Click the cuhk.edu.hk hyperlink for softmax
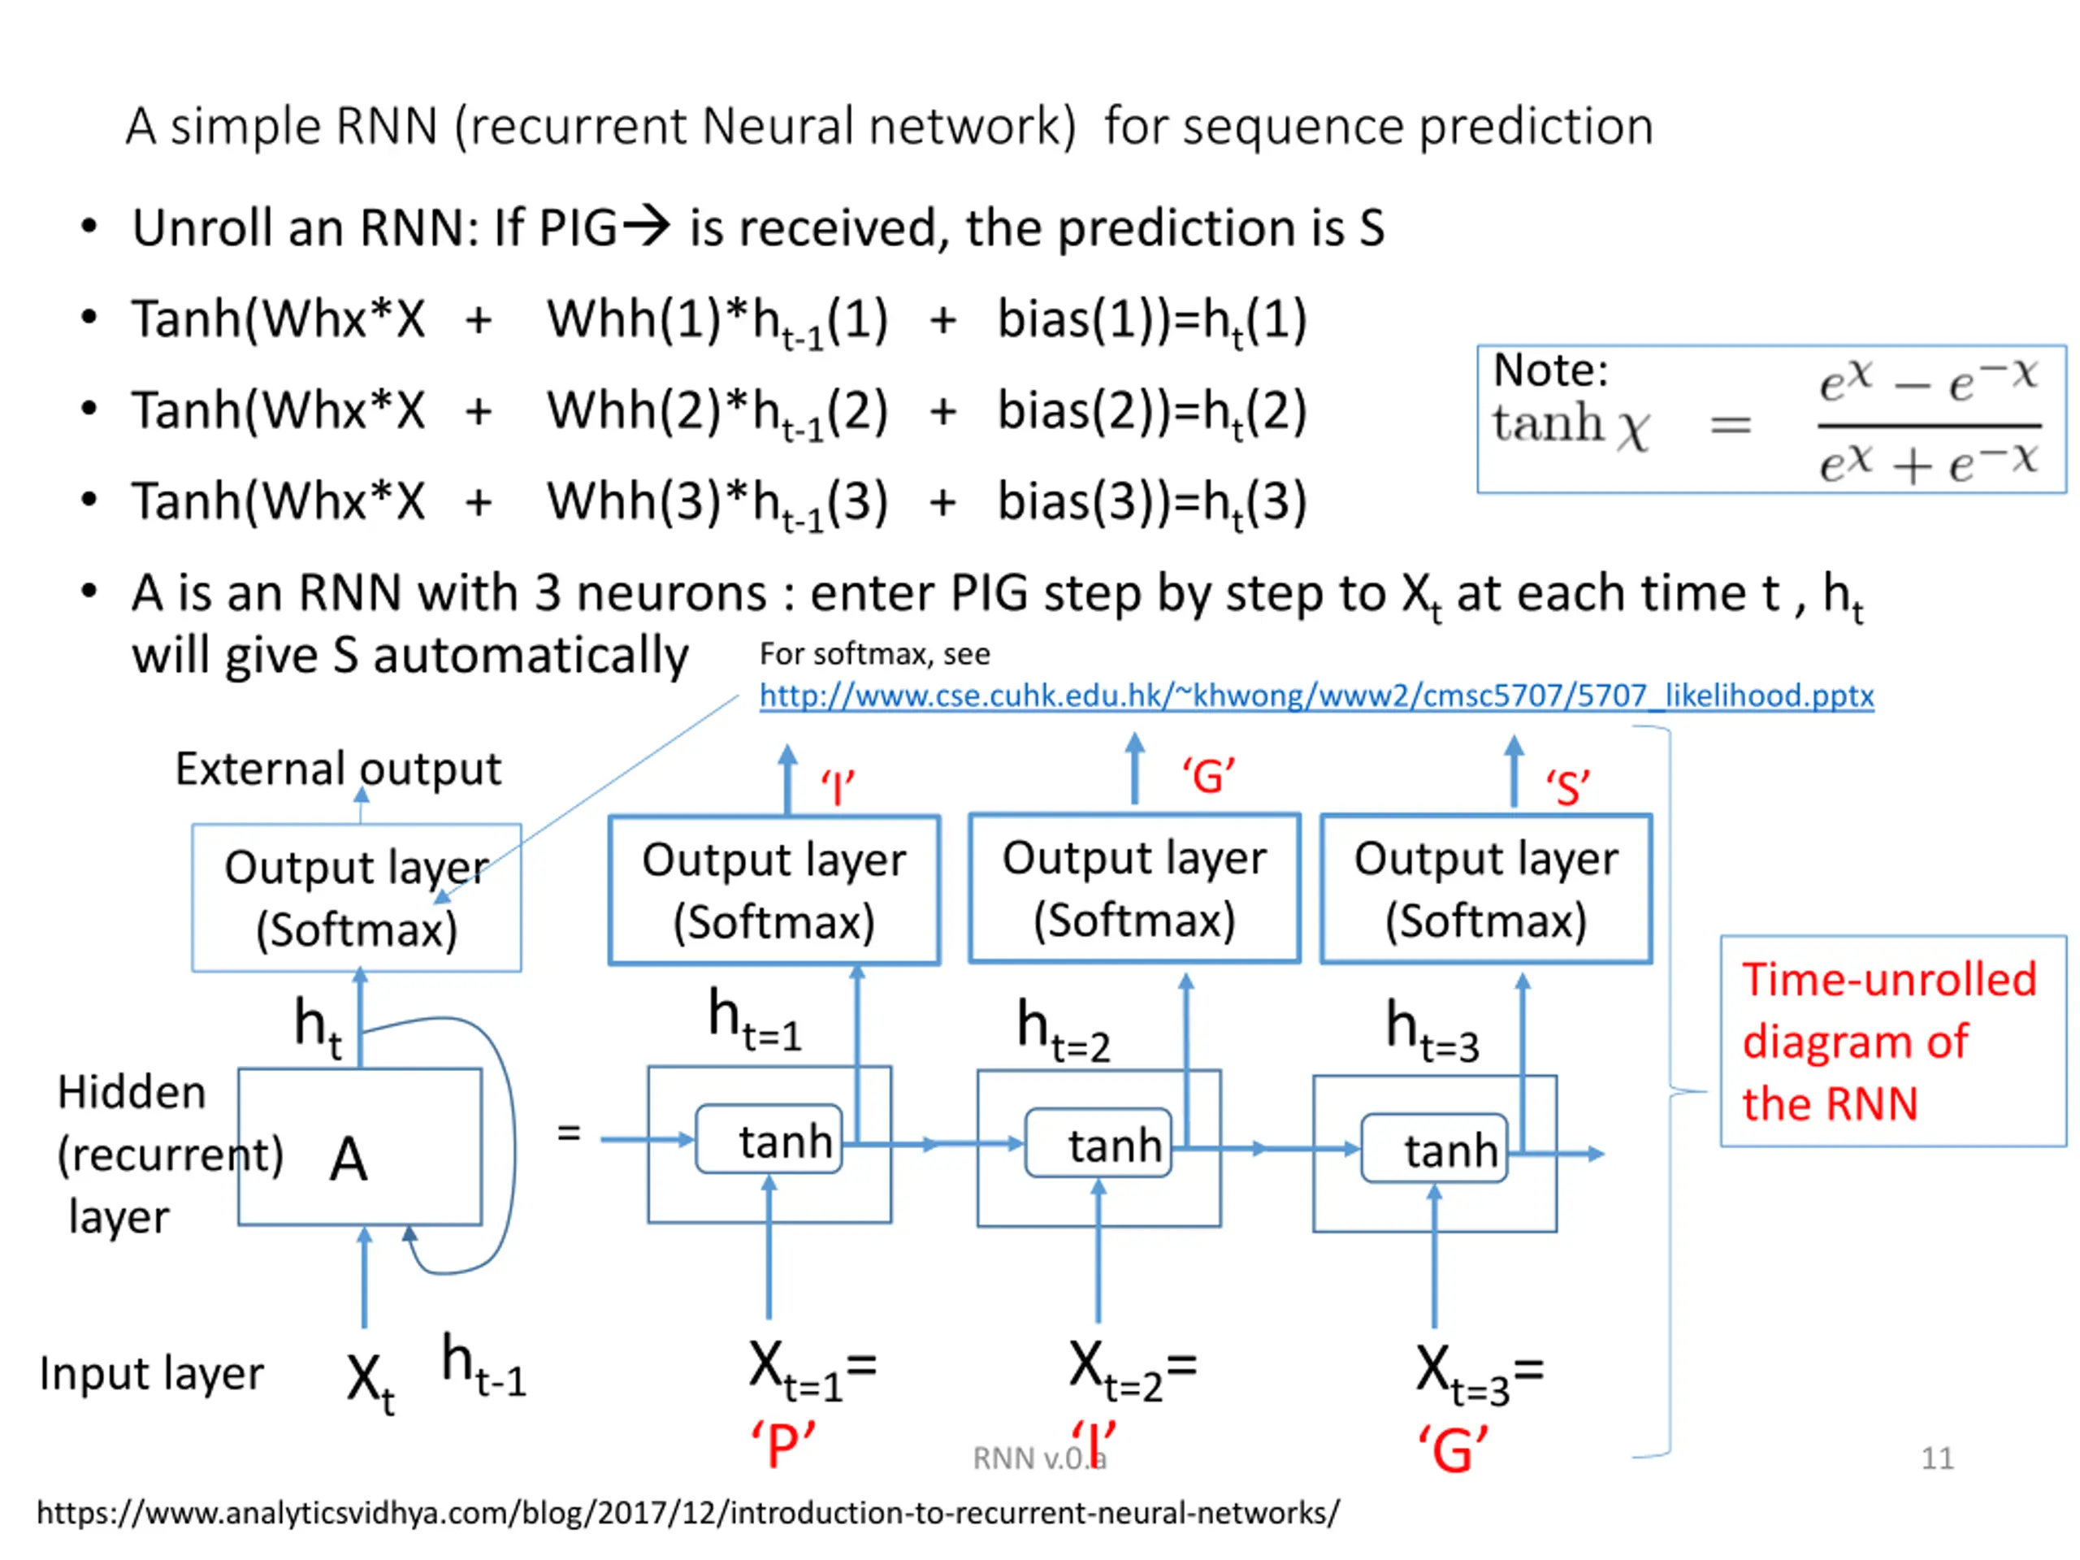1315,695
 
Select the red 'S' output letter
1567,787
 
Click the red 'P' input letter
782,1445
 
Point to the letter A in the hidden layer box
348,1159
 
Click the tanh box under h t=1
769,1140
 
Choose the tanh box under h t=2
1098,1143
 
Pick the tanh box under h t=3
1434,1148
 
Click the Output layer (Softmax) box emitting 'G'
1134,889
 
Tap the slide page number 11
1937,1458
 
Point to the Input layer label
151,1374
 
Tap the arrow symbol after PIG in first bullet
647,226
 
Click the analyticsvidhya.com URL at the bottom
687,1512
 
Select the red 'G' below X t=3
1453,1449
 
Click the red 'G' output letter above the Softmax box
1208,777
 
